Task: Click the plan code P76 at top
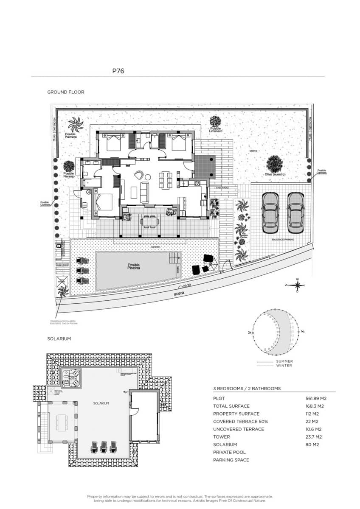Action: (118, 71)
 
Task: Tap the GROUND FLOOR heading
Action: (65, 92)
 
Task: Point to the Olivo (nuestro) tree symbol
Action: (275, 164)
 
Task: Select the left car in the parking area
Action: (270, 213)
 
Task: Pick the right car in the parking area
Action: (295, 213)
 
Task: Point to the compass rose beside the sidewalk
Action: (298, 285)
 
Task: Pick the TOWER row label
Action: (222, 437)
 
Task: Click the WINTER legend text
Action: (284, 366)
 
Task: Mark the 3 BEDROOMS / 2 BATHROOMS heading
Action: (247, 389)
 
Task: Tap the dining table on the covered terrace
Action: (149, 221)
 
